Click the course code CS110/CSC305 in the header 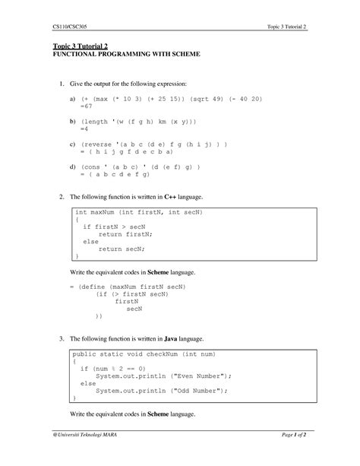click(70, 27)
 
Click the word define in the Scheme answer click(101, 286)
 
